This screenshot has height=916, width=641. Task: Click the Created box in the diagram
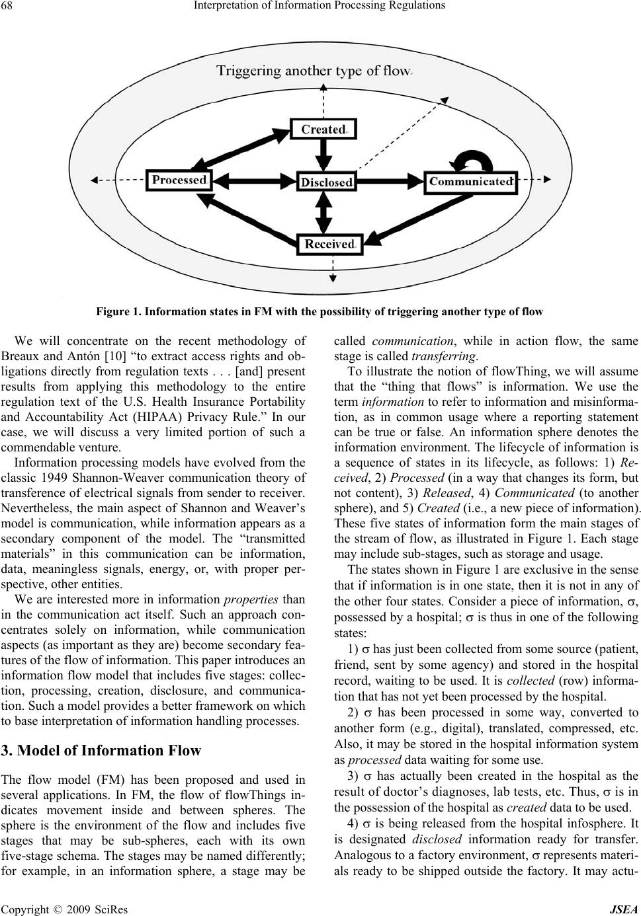(x=323, y=130)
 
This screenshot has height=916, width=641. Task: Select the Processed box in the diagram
(x=179, y=180)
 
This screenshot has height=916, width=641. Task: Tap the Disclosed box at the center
(x=326, y=182)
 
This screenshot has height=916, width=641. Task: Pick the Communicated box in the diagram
(x=470, y=181)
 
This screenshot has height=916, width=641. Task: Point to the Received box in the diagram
(x=329, y=244)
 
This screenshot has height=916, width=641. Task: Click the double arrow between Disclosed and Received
(x=325, y=213)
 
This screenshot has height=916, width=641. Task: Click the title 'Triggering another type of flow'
(x=313, y=71)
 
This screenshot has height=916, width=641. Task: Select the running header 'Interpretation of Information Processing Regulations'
(x=320, y=6)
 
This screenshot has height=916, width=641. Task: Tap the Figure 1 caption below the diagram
(x=320, y=311)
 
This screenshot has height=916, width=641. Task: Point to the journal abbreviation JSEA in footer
(x=624, y=909)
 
